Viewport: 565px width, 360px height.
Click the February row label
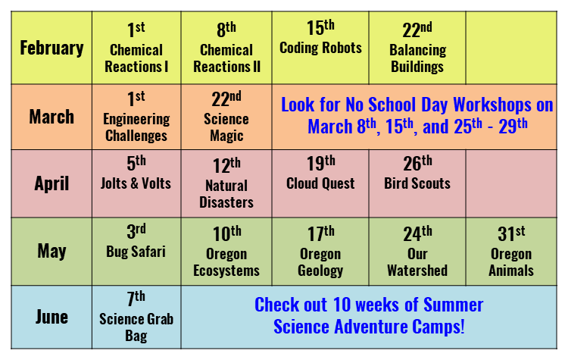(52, 48)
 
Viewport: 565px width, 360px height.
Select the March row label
(52, 117)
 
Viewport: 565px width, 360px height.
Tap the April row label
(52, 183)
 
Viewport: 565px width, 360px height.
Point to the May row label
(52, 251)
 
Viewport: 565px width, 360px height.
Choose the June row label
(52, 317)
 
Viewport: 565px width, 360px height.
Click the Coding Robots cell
(320, 48)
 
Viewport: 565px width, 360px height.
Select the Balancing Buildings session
(417, 48)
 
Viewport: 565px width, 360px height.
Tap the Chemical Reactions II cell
(226, 48)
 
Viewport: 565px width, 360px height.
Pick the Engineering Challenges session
(136, 117)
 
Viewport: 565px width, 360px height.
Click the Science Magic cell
(226, 117)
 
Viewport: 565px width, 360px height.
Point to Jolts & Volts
(136, 183)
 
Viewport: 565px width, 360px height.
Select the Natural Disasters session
(226, 183)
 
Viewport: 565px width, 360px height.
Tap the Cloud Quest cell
(320, 183)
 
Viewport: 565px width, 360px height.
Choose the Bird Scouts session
(417, 183)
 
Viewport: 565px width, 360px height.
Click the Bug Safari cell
(136, 252)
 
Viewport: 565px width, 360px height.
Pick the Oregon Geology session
(320, 252)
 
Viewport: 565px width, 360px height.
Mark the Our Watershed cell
(417, 252)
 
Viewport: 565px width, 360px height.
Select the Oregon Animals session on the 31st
(511, 252)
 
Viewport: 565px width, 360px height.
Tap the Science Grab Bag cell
(136, 317)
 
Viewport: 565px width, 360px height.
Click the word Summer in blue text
(453, 305)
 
